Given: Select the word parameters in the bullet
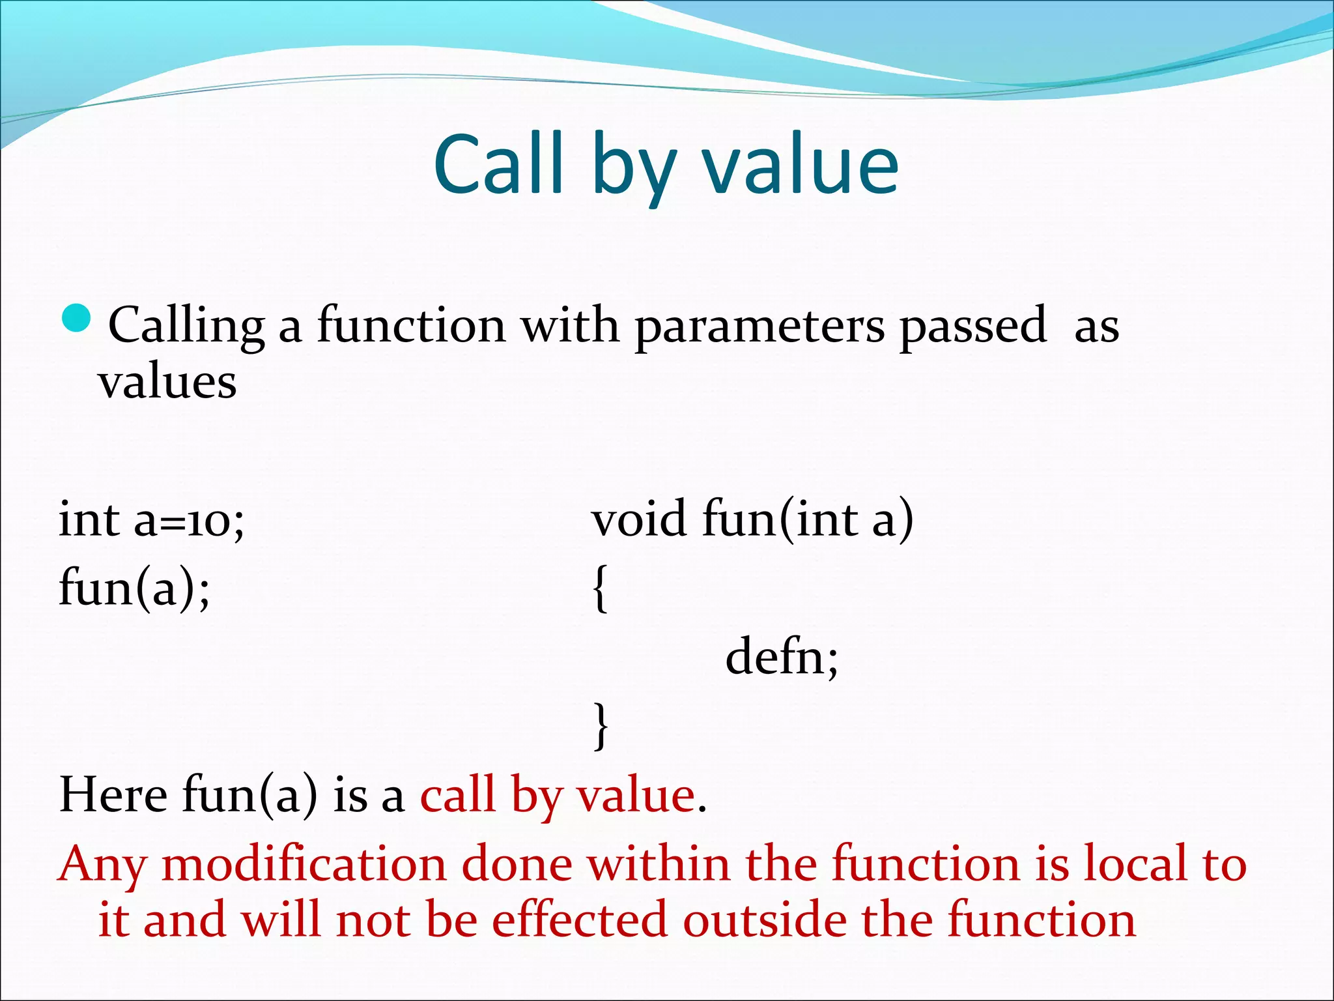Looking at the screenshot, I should click(x=759, y=326).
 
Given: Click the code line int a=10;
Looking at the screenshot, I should click(x=151, y=521).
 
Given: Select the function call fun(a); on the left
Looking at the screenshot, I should click(x=134, y=588).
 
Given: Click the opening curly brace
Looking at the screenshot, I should click(x=601, y=588).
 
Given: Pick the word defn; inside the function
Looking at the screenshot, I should click(x=782, y=657).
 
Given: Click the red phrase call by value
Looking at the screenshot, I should click(x=558, y=796).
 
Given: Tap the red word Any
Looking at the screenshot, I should click(x=102, y=865).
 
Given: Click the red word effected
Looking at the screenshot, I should click(x=579, y=920).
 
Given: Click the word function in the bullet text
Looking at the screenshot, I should click(x=411, y=326).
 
